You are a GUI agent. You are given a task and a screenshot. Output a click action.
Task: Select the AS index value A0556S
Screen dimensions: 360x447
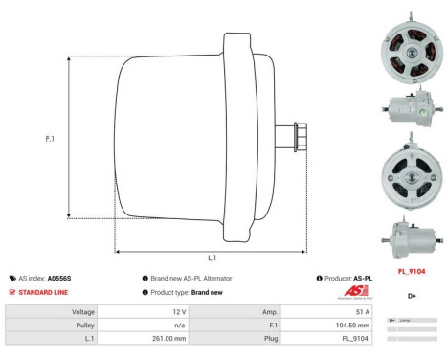[x=58, y=278]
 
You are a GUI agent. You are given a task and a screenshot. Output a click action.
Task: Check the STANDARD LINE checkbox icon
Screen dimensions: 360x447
[x=12, y=291]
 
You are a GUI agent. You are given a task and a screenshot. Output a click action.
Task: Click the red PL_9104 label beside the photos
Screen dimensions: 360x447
[x=411, y=271]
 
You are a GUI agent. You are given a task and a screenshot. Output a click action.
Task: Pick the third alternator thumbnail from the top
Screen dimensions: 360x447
[x=411, y=176]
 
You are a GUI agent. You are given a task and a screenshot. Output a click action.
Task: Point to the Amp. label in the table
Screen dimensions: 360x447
[x=268, y=312]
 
